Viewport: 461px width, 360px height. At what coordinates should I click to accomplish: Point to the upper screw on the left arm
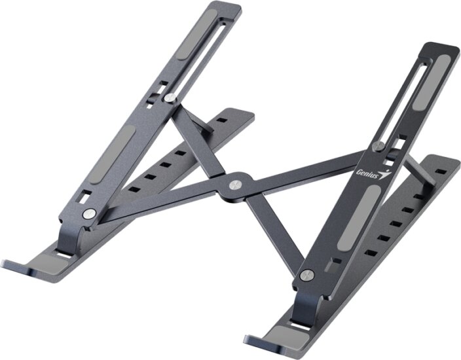170,98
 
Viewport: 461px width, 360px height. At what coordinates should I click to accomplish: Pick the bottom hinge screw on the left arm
86,214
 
